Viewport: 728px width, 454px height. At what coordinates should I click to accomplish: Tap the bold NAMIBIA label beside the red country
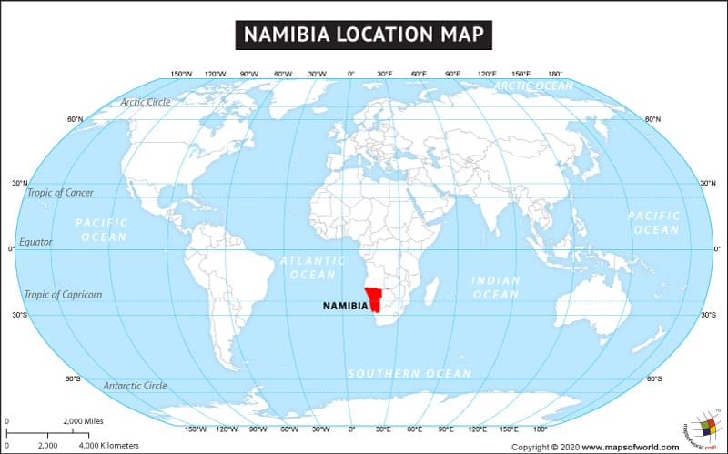point(346,306)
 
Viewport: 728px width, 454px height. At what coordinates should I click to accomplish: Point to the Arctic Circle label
point(146,102)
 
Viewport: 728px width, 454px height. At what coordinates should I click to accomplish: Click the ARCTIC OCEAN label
point(533,86)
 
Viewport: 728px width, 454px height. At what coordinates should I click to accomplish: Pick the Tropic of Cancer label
point(61,192)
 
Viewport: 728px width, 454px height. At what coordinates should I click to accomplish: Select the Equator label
point(37,242)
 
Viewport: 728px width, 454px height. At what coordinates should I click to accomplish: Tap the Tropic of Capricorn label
point(63,294)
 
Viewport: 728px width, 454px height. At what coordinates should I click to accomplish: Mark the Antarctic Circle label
point(135,386)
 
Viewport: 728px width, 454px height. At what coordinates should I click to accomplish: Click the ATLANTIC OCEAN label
point(313,267)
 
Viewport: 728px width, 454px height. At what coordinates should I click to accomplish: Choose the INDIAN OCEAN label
point(496,288)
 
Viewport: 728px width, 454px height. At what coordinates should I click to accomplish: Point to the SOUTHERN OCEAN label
point(410,374)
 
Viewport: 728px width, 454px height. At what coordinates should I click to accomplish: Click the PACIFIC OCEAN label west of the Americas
point(102,229)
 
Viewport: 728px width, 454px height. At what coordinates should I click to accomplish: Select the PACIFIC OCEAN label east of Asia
point(654,223)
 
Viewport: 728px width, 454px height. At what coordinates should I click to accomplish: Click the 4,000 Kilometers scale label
point(109,445)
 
